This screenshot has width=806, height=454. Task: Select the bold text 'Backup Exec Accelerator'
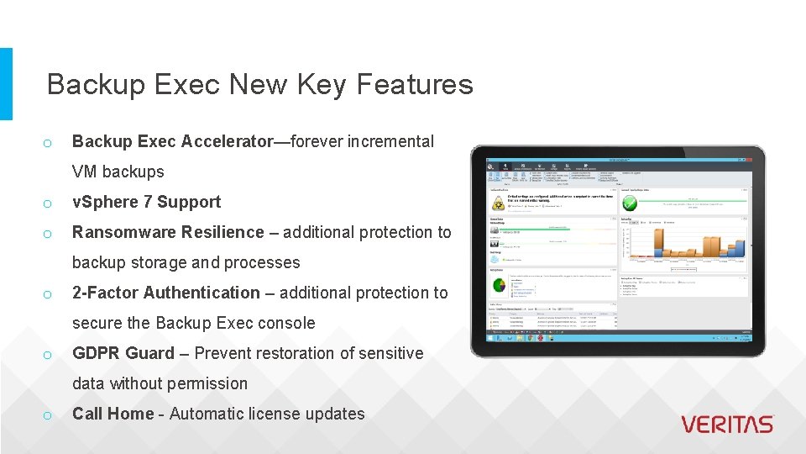[173, 141]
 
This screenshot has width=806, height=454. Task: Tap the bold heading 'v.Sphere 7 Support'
[146, 202]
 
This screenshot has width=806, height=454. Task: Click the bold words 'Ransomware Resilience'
[168, 232]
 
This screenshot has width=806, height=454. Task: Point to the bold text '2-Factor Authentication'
[166, 293]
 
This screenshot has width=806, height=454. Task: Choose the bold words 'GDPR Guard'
[123, 353]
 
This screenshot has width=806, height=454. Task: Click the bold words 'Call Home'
[113, 414]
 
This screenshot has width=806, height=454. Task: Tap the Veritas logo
[726, 425]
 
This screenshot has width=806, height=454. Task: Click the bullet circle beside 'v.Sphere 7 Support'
[49, 203]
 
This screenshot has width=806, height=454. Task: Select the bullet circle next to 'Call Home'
[49, 414]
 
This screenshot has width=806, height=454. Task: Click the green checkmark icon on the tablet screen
[629, 203]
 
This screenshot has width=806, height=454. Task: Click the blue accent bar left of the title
[6, 83]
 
